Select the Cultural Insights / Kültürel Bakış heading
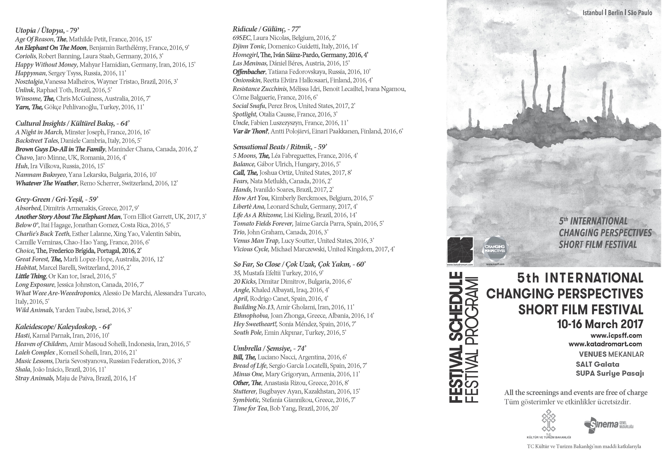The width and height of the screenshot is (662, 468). (x=72, y=124)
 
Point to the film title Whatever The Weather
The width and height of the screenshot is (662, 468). (x=46, y=183)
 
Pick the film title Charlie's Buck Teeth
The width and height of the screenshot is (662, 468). (x=42, y=234)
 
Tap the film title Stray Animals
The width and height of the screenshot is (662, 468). (x=35, y=378)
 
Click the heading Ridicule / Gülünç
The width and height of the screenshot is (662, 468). (x=266, y=29)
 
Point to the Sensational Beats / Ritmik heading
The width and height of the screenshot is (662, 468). (x=280, y=147)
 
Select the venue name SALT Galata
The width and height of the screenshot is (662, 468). (x=597, y=364)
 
